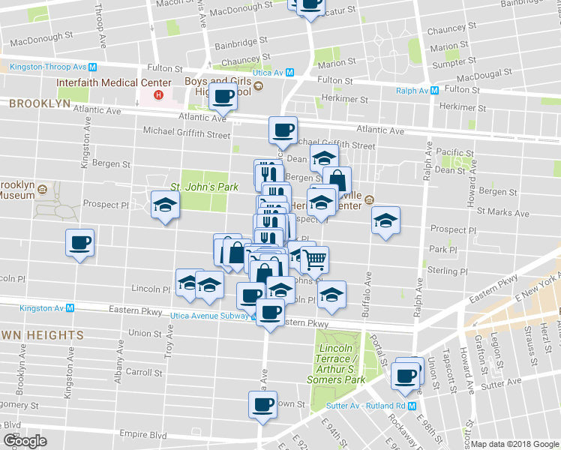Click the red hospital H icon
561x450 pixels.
click(158, 95)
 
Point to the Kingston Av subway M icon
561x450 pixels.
click(70, 307)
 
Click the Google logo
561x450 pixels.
click(25, 440)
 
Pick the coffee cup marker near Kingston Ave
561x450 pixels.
click(79, 243)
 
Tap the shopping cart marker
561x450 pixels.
click(315, 259)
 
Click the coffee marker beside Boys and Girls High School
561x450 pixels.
click(223, 96)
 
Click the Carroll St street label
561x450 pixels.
click(145, 371)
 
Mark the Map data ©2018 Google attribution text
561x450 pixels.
click(514, 444)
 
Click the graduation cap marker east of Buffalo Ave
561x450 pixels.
click(385, 220)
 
